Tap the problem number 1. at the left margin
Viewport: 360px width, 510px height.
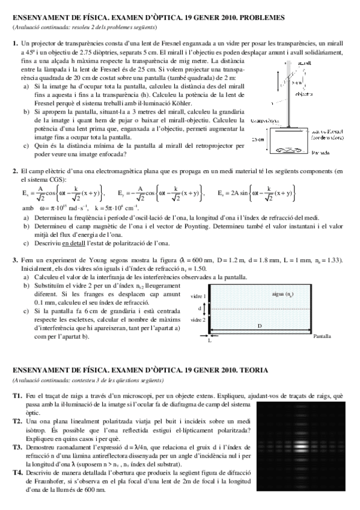pos(15,44)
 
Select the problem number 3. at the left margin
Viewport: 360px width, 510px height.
pos(15,260)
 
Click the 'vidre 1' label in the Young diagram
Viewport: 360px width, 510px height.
pos(197,297)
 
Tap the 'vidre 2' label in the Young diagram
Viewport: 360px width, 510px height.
pos(197,320)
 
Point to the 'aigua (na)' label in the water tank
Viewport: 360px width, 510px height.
pos(282,294)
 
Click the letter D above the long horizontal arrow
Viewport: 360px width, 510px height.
pos(260,325)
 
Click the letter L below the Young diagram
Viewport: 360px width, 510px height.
pos(209,340)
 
